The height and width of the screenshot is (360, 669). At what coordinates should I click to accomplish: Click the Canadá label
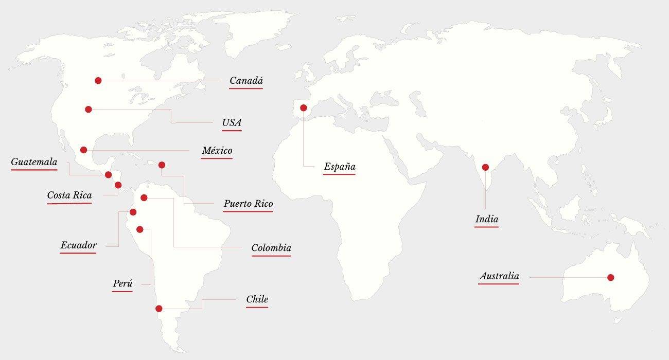click(x=246, y=81)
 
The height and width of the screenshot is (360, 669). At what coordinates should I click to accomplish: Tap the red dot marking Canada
click(x=98, y=81)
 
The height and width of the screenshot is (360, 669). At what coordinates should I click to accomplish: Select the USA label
click(x=232, y=123)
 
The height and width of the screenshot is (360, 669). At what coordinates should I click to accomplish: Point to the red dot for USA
click(x=89, y=109)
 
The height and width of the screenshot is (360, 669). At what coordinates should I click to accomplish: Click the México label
click(x=217, y=151)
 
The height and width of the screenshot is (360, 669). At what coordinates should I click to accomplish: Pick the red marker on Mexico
click(x=84, y=150)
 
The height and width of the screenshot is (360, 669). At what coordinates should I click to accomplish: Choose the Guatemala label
click(x=34, y=163)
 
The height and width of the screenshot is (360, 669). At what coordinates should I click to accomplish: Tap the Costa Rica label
click(x=69, y=195)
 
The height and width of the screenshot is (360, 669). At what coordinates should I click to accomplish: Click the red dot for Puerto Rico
click(x=162, y=165)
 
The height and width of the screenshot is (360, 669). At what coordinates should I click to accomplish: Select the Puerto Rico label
click(x=248, y=204)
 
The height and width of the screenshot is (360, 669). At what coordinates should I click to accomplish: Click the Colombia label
click(x=271, y=248)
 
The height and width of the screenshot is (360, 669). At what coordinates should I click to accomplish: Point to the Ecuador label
click(x=78, y=245)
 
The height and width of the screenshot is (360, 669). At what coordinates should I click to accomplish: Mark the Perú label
click(x=123, y=284)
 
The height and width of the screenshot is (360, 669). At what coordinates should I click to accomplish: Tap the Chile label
click(x=257, y=299)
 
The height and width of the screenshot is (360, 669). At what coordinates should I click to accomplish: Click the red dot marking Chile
click(x=159, y=309)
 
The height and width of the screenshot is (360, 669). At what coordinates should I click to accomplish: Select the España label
click(x=340, y=167)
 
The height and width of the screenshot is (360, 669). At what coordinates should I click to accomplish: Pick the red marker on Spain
click(x=304, y=108)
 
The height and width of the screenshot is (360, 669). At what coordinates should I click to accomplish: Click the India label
click(x=487, y=220)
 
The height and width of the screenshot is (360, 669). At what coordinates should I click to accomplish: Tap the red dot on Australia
click(x=610, y=278)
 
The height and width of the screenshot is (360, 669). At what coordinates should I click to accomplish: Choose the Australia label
click(x=499, y=276)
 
